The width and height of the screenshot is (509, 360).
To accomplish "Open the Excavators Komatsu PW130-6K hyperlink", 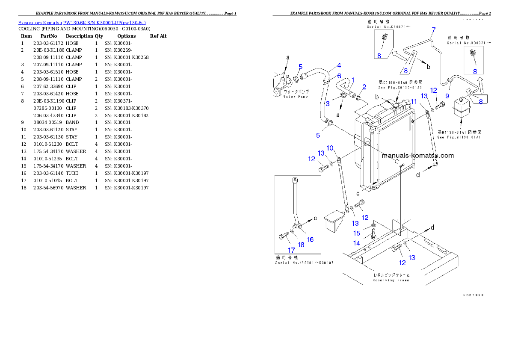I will (x=82, y=23).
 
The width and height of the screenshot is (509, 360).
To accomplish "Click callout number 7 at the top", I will (x=433, y=30).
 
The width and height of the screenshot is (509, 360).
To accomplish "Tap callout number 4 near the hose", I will (x=339, y=65).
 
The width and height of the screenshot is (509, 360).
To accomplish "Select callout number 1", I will (x=353, y=80).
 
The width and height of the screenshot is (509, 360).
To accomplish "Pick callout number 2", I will (x=364, y=87).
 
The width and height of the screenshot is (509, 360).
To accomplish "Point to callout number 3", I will (x=328, y=103).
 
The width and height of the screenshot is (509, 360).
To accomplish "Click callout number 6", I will (x=339, y=76).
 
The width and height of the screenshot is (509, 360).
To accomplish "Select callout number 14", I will (x=356, y=243).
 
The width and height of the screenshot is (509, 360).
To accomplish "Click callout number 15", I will (x=357, y=233).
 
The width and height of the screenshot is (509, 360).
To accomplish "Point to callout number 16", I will (x=310, y=239).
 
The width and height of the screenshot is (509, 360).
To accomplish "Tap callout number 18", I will (x=301, y=244).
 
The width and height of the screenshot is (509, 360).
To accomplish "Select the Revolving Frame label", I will (x=391, y=277).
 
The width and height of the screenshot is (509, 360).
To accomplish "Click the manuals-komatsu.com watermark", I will (x=417, y=156).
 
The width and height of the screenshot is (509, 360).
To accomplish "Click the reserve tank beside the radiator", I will (x=461, y=109).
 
